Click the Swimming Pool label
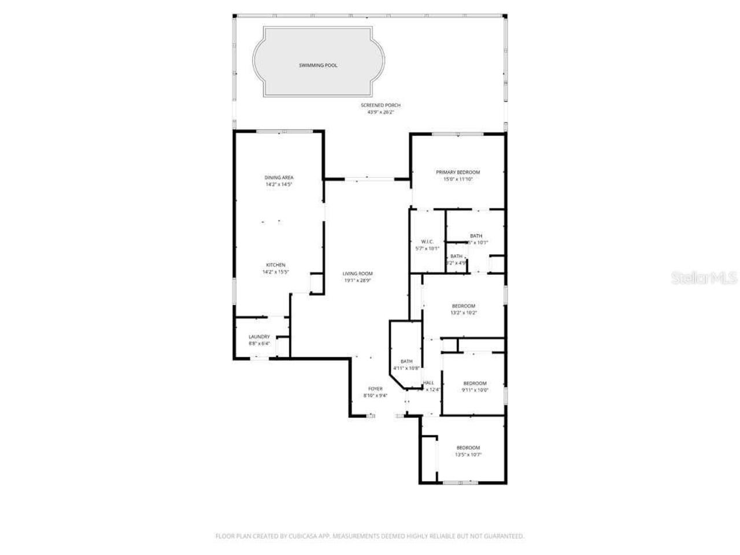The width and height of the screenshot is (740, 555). (x=318, y=65)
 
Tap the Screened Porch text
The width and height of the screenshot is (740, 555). (x=380, y=105)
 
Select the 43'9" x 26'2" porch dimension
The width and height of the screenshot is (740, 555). (x=380, y=112)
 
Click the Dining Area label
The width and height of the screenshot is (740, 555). (x=279, y=177)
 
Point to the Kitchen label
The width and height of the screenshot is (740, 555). (x=276, y=265)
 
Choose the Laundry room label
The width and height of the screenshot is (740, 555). (x=259, y=336)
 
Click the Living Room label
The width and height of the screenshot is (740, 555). (x=357, y=273)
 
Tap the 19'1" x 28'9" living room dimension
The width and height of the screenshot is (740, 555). (x=357, y=280)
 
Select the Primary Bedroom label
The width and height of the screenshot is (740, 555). (x=458, y=172)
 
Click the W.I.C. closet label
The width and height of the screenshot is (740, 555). (x=427, y=242)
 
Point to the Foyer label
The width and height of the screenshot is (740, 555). (x=375, y=388)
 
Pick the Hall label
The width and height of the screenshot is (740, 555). (x=428, y=383)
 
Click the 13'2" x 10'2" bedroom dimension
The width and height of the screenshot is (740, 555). (x=464, y=313)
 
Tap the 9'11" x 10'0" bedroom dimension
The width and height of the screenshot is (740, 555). (x=475, y=390)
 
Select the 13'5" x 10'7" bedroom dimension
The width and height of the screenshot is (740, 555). (x=468, y=455)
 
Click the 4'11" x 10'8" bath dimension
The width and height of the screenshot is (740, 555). (x=406, y=368)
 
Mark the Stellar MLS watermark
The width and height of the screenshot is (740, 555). (x=704, y=278)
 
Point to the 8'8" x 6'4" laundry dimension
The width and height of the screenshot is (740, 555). (x=259, y=343)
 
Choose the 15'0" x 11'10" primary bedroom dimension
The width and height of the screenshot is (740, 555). (x=458, y=179)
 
